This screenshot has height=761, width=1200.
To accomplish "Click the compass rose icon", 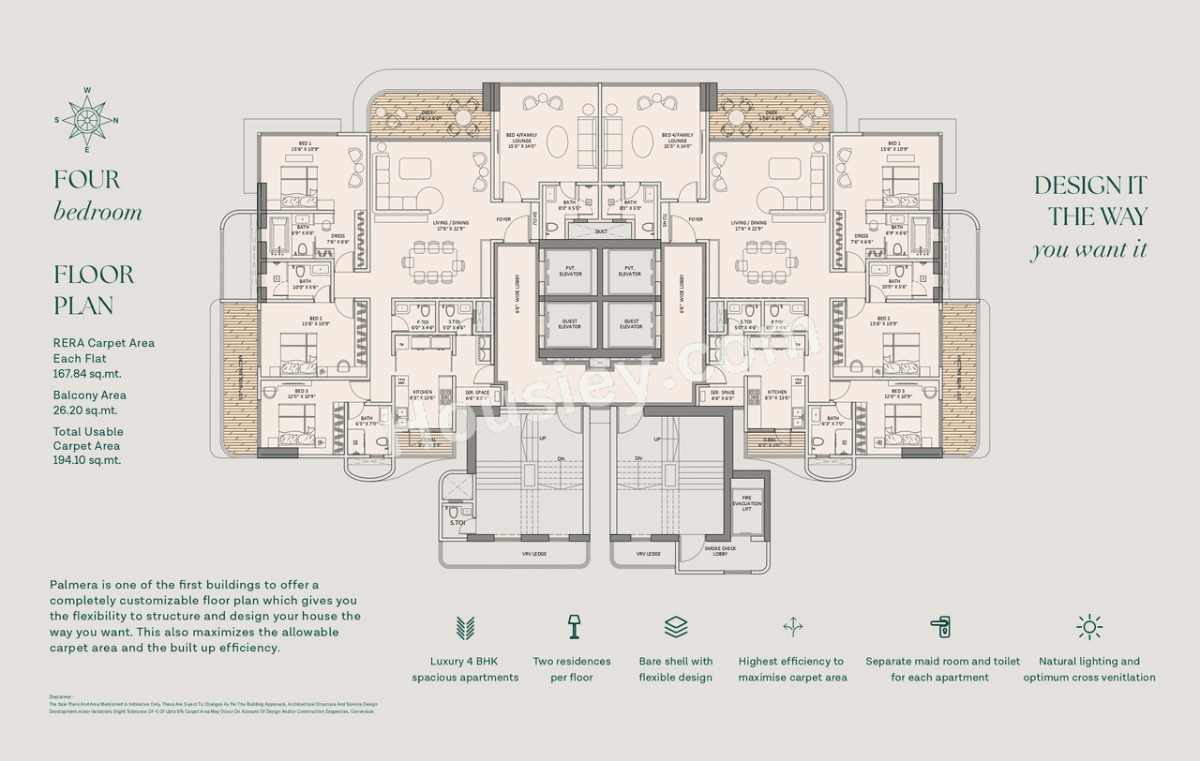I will (87, 120).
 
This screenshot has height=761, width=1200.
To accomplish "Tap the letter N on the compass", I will (115, 121).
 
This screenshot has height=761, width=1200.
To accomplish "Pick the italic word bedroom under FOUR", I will (97, 212).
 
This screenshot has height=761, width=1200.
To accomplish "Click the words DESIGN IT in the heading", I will (1089, 186).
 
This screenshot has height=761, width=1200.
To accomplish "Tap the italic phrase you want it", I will (1088, 250).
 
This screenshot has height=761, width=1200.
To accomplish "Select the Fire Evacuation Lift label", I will (747, 503).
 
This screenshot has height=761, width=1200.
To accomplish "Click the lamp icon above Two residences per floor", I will (572, 626).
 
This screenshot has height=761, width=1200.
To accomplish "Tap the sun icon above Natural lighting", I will (1089, 627).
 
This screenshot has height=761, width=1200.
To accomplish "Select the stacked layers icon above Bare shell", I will (676, 626).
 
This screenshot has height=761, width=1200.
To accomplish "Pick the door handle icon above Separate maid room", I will (940, 627).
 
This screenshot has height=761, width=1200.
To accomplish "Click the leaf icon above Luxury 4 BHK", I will (465, 627).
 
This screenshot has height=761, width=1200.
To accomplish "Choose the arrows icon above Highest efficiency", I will (792, 626).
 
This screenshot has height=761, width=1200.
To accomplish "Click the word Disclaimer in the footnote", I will (60, 696).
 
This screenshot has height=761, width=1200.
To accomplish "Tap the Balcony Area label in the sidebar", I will (89, 395).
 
